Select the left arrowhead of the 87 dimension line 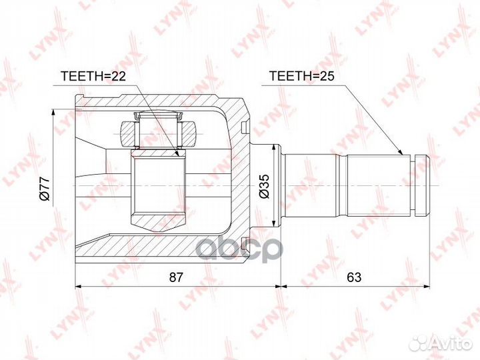pos(75,285)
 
